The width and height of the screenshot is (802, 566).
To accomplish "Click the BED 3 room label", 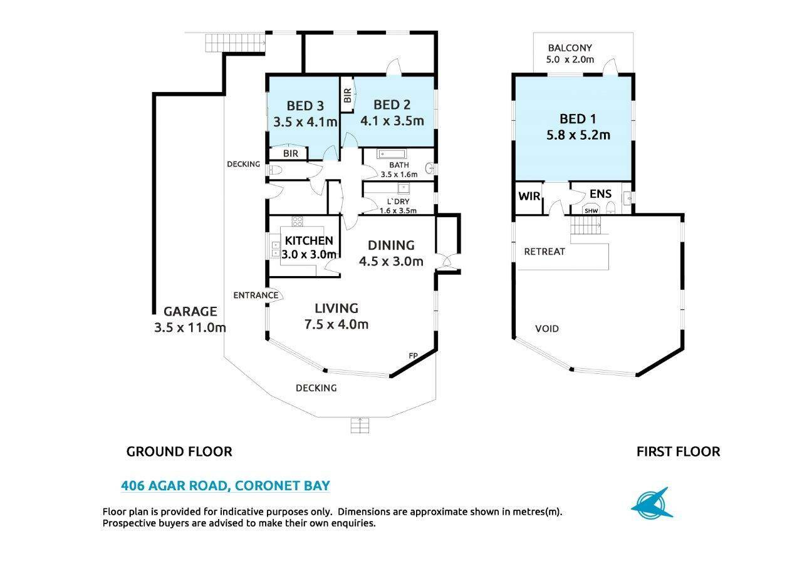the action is pos(305,106).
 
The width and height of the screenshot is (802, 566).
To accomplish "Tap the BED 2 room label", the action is pos(392,105).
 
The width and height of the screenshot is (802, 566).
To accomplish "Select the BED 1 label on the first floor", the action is pos(578,119).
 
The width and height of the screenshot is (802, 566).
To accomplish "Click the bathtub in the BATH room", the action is pos(392,154).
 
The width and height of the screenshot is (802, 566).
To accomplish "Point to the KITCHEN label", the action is pos(309,240).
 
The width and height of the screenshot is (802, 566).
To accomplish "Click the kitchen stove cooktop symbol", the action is pos(297,221).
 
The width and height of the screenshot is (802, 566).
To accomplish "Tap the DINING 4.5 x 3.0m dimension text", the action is pos(391,262).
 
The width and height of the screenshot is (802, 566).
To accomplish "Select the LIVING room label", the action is pos(336,309).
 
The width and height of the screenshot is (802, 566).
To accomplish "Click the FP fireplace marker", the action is pos(413,356).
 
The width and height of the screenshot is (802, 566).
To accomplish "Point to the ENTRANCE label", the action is pos(256,295).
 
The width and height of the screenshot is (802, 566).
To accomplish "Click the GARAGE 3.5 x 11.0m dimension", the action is pos(190,327).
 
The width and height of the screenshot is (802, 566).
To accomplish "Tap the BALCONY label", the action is pos(570,48).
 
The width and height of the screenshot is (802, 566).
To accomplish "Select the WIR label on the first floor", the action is pos(529,196).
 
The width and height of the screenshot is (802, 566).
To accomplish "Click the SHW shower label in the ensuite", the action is pos(591,211).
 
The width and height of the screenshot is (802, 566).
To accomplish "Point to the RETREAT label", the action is pos(544,252).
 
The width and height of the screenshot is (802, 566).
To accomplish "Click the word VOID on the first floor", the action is pos(547,329).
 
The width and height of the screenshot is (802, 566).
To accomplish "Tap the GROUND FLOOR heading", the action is pos(179,451).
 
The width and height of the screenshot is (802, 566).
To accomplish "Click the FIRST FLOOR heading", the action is pos(678,451).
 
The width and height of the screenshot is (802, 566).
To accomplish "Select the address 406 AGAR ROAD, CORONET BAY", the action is pos(226,485).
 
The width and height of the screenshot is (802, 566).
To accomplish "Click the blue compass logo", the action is pos(652,503).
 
